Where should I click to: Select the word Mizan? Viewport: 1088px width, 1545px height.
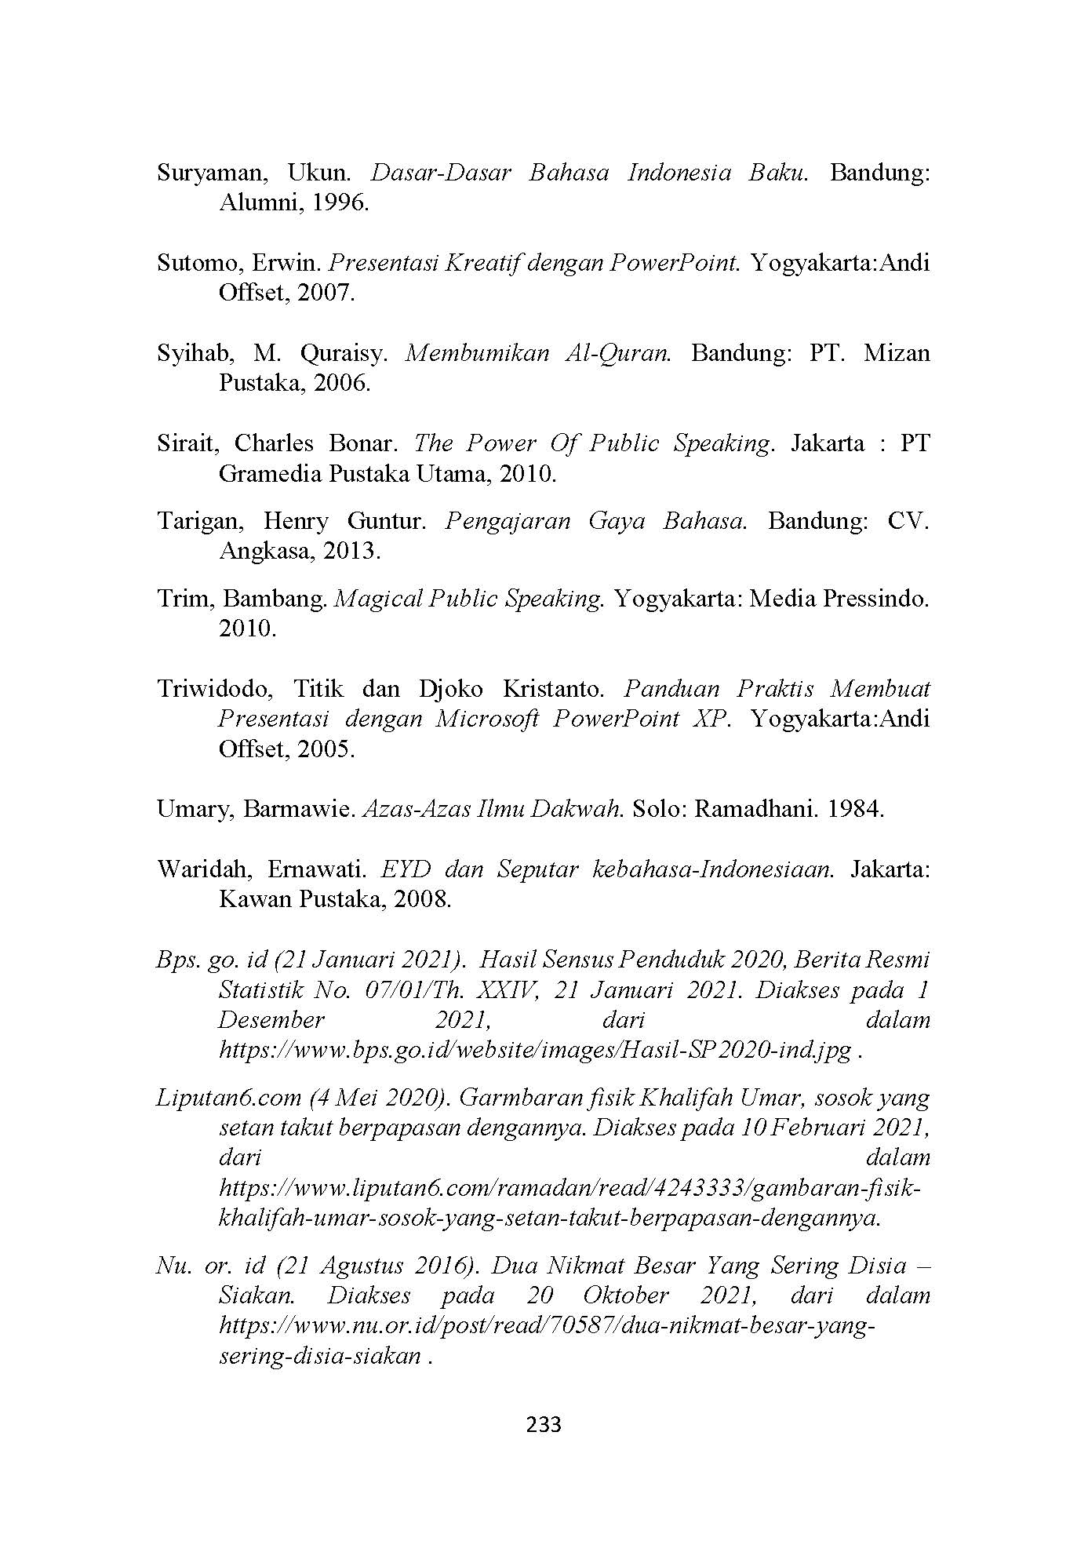pyautogui.click(x=896, y=353)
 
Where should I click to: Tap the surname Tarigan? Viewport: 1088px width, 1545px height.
pyautogui.click(x=200, y=521)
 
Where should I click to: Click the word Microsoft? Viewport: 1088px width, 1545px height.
pyautogui.click(x=486, y=719)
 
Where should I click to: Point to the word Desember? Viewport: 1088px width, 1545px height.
pyautogui.click(x=271, y=1020)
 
